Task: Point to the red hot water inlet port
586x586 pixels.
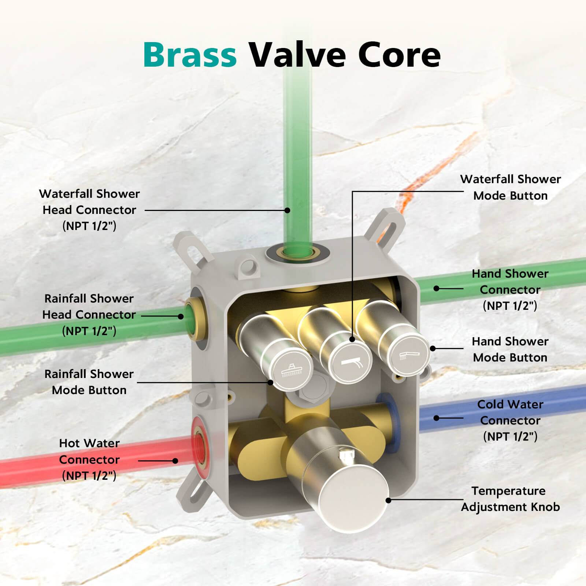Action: [x=200, y=445]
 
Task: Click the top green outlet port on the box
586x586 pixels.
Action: [x=297, y=252]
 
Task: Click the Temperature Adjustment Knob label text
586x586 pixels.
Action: [x=510, y=499]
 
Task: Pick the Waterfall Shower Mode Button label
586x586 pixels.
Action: [x=510, y=187]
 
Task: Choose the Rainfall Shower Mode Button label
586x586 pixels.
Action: [x=89, y=382]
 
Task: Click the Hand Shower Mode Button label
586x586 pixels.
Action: [x=510, y=349]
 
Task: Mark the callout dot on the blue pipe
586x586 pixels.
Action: [x=436, y=418]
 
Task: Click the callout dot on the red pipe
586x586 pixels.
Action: [x=175, y=461]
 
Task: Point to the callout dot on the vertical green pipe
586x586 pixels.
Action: [x=288, y=210]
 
